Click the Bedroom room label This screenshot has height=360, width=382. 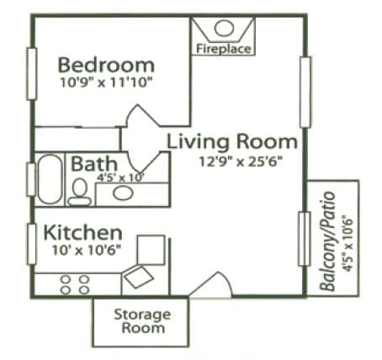coord(106,65)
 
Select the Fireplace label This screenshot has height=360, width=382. coord(224,49)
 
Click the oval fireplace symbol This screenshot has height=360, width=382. coord(224,28)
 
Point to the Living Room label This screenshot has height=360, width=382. coord(231,141)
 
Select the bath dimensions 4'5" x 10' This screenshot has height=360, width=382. coord(120,177)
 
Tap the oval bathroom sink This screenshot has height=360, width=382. coord(123,193)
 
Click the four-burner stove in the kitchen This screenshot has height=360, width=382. coord(74,283)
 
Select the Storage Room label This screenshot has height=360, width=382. coord(141,321)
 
